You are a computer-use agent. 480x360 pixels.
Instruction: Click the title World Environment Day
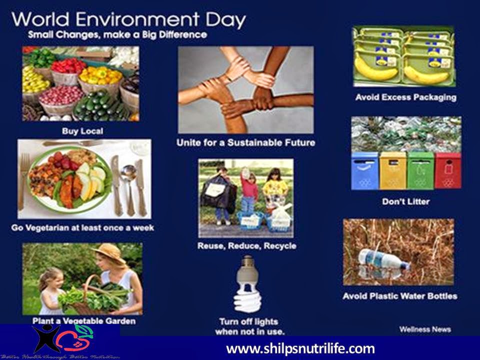click(129, 20)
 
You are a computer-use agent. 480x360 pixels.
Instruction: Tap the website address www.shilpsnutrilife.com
click(300, 348)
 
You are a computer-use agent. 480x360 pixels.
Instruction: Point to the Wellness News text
click(425, 329)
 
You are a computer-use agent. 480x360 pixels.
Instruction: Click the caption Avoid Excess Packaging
click(405, 97)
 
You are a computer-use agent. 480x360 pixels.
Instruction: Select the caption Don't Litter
click(405, 202)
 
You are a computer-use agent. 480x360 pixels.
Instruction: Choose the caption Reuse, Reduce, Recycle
click(246, 246)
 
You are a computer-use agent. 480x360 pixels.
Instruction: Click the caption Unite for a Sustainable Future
click(246, 143)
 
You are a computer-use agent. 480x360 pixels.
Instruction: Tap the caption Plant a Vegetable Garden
click(83, 320)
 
